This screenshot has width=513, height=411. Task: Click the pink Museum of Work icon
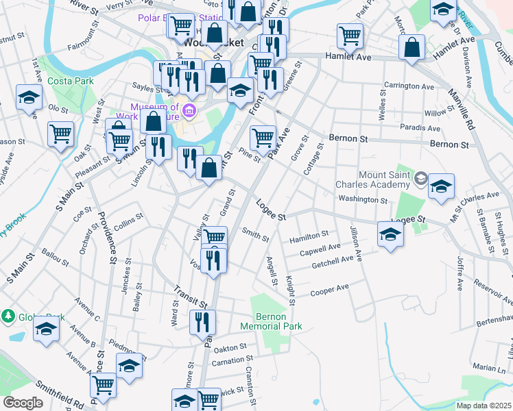(x=189, y=108)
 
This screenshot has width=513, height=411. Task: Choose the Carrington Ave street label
(x=409, y=87)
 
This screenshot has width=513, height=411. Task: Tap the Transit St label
(x=190, y=297)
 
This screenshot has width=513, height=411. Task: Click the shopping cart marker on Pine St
(x=263, y=138)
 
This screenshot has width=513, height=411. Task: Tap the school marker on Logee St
(x=391, y=234)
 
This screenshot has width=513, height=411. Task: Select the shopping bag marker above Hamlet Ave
(x=411, y=48)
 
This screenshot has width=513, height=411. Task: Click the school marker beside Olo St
(x=29, y=98)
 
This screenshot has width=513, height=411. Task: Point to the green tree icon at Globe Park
(x=8, y=316)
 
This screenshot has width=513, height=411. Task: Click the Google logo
(x=23, y=403)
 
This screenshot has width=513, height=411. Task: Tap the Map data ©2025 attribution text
(x=484, y=406)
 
